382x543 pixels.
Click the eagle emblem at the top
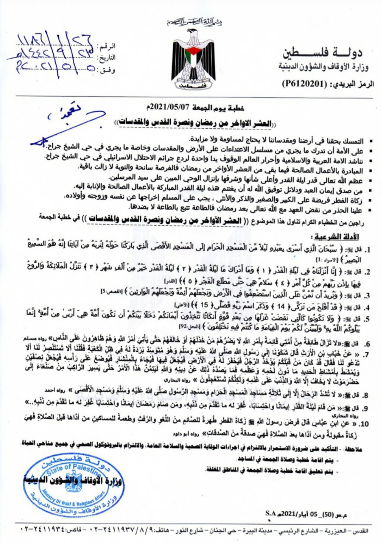pos(193,57)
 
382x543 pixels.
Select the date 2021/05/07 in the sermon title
pos(164,108)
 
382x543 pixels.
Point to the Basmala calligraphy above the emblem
pos(195,21)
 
